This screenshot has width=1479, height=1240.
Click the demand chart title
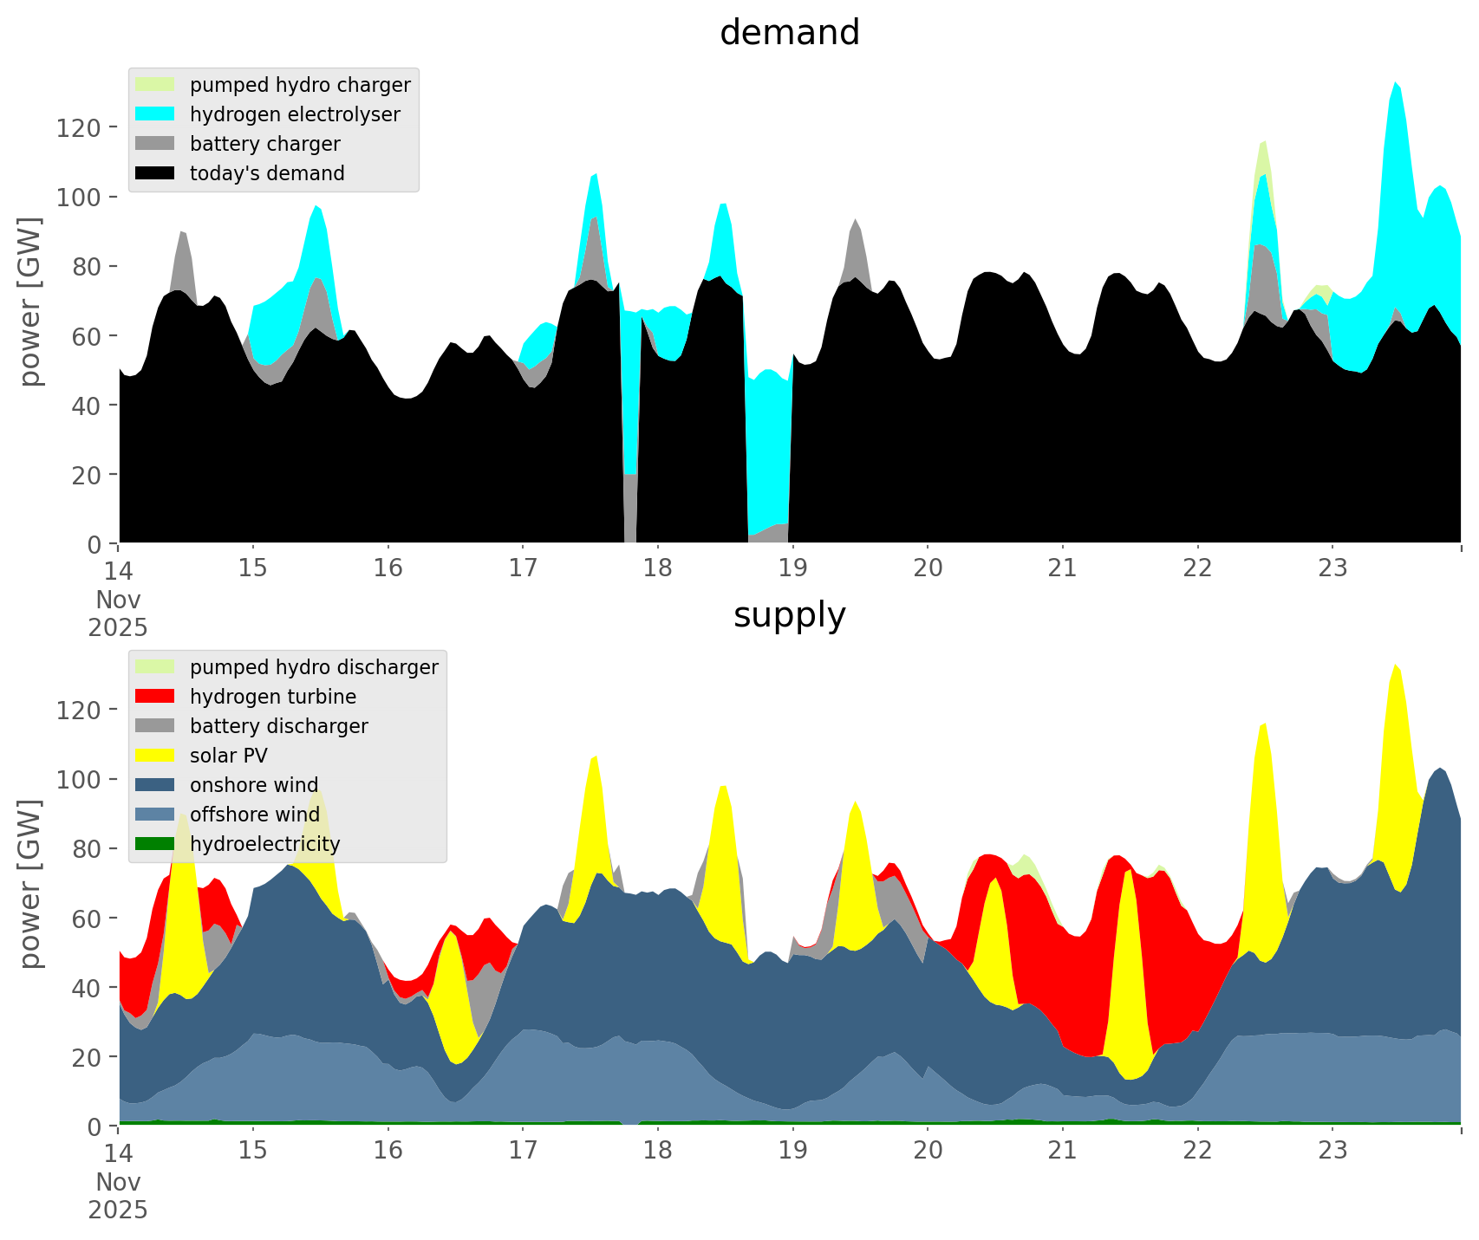[789, 33]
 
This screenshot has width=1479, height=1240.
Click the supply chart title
[789, 615]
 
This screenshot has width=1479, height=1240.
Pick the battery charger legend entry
[264, 144]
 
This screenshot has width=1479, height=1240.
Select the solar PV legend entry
[228, 756]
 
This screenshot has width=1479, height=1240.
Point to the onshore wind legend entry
[254, 785]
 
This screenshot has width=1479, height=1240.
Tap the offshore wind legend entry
[255, 815]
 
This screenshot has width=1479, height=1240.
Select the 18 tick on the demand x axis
[658, 568]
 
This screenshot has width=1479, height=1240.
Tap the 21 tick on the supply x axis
[1062, 1151]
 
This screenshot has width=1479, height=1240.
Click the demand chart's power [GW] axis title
[30, 302]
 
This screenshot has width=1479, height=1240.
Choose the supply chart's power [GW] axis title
[30, 884]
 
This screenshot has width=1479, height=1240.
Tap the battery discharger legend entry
[278, 726]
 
